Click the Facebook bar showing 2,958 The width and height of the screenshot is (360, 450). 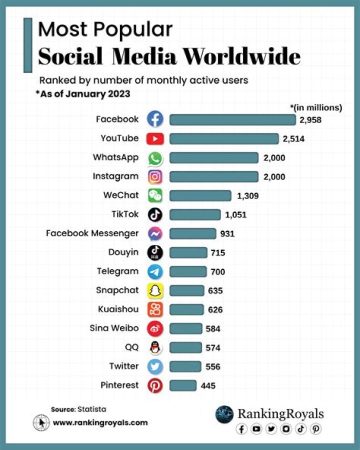tap(232, 120)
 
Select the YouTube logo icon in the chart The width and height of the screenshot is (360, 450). tap(155, 139)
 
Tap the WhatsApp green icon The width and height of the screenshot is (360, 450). tap(155, 158)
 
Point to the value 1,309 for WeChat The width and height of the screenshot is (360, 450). tap(247, 196)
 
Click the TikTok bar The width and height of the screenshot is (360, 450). tap(195, 215)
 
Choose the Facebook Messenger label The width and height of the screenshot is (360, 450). tap(92, 233)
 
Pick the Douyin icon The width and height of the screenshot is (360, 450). tap(155, 253)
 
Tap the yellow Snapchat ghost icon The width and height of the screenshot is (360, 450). tap(155, 291)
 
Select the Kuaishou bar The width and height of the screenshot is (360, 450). tap(186, 310)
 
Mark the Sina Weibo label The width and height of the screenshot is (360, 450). tap(114, 328)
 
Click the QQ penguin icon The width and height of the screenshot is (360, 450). tap(155, 348)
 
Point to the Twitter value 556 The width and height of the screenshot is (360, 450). tap(212, 367)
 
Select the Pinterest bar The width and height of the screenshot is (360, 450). tap(183, 385)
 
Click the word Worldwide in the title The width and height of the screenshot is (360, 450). tap(241, 57)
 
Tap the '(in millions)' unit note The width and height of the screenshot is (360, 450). tap(316, 107)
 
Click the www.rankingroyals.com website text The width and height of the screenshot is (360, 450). tap(100, 422)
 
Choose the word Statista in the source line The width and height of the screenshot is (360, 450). tap(91, 409)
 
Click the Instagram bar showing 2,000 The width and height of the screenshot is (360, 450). tap(214, 177)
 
